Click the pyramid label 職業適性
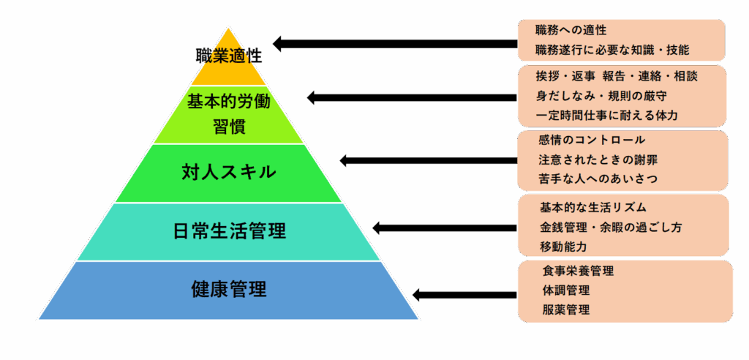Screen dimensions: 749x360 pos(229,56)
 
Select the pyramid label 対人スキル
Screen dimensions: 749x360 pos(229,172)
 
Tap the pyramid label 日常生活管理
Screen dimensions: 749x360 pos(229,231)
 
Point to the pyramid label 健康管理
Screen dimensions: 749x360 pos(229,289)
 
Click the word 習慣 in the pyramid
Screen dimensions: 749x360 pos(229,127)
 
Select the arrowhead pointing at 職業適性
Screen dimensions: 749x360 pos(279,44)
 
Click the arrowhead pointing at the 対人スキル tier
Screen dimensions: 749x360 pos(346,160)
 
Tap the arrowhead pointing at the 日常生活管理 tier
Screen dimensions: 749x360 pos(379,228)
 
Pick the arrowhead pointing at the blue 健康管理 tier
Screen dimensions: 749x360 pos(418,294)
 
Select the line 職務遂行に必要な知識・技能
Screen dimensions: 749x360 pos(613,50)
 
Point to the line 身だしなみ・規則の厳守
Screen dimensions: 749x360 pos(601,96)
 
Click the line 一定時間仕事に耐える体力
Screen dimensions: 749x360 pos(606,115)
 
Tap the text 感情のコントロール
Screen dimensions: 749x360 pos(591,140)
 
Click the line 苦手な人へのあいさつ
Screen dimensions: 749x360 pos(598,179)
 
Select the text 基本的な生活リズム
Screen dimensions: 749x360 pos(592,208)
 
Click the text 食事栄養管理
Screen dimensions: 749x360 pos(578,271)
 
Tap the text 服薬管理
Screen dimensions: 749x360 pos(566,310)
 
